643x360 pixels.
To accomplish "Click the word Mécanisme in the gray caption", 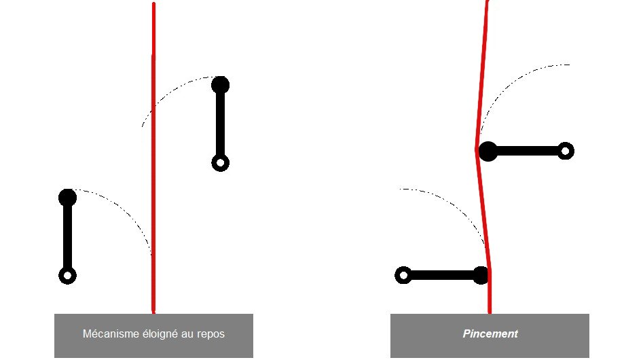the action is coord(107,334).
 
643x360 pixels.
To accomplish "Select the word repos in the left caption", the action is coord(210,334).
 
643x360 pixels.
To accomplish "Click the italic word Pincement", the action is coord(490,334).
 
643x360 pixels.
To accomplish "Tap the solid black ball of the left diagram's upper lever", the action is coord(220,85).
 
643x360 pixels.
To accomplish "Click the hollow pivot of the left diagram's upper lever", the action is coord(220,163).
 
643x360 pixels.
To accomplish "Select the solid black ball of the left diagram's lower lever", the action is coord(67,198).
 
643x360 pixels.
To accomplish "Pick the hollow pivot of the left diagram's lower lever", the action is coord(67,276).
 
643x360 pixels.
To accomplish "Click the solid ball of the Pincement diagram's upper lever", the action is coord(488,151).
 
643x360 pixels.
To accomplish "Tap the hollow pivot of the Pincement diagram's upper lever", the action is coord(566,151).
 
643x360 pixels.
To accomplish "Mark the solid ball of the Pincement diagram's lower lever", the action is coord(481,275).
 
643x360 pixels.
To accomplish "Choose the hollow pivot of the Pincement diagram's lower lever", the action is coord(403,275).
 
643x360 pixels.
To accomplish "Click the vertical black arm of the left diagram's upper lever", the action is coord(220,124).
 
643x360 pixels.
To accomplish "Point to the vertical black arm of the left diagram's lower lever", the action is coord(67,236).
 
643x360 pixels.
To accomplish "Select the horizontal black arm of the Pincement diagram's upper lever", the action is coord(526,151).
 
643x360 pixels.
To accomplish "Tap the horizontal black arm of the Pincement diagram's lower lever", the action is coord(441,275).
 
